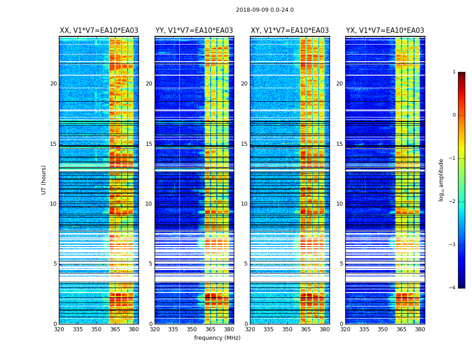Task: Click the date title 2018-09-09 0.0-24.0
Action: click(265, 10)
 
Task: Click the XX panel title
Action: click(99, 31)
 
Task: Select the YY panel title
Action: click(194, 31)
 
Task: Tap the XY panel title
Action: click(289, 31)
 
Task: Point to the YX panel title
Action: click(385, 31)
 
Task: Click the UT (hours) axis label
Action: click(44, 180)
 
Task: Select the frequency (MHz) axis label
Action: click(217, 338)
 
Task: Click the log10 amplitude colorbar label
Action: click(441, 180)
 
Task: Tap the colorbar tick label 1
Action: click(454, 72)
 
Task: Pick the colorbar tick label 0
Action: click(454, 115)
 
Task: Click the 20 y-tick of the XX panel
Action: click(53, 84)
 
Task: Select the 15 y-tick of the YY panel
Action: click(149, 144)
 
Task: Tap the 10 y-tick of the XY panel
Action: click(244, 204)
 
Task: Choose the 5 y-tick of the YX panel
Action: click(341, 264)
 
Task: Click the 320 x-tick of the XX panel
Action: click(59, 329)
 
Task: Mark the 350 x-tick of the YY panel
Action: click(192, 329)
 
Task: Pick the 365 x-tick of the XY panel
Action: click(306, 329)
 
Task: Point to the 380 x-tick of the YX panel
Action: click(420, 329)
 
